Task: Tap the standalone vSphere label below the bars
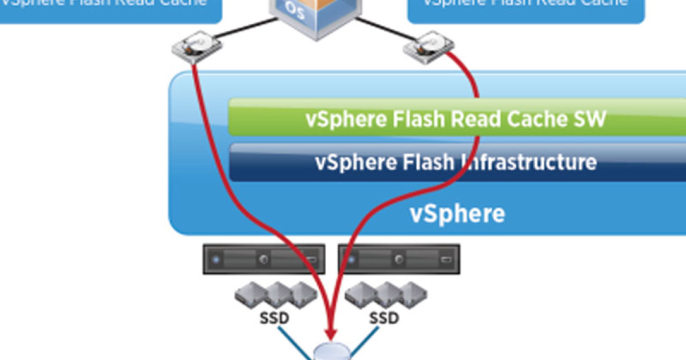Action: [x=457, y=214]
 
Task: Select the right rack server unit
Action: [x=399, y=259]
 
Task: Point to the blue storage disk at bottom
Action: [x=331, y=351]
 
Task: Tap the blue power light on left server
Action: [x=216, y=259]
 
